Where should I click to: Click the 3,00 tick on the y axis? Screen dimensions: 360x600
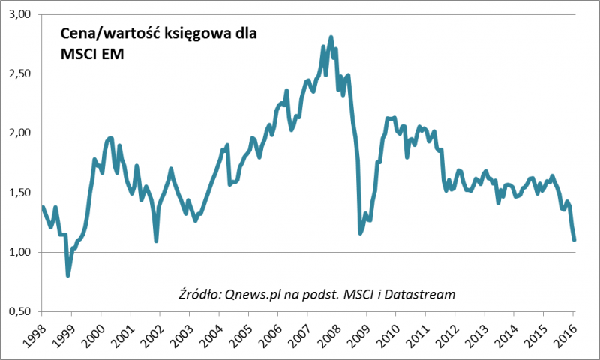tap(22, 15)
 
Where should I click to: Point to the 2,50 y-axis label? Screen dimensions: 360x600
tap(22, 74)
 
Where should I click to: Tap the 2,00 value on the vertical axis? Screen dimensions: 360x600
tap(22, 133)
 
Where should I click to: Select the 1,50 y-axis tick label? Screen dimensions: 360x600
tap(22, 193)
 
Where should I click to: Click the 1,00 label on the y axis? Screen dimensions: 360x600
tap(22, 252)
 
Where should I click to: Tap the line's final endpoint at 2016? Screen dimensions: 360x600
tap(574, 239)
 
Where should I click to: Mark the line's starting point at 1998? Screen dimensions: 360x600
tap(43, 208)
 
